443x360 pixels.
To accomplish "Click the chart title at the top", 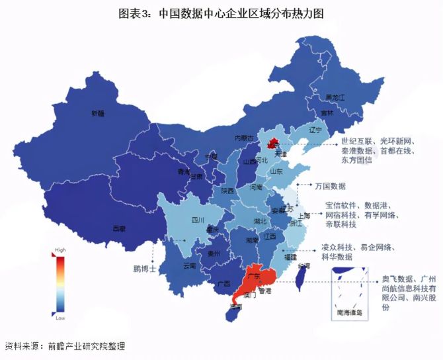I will pos(221,13).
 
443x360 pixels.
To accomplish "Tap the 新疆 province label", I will pos(97,113).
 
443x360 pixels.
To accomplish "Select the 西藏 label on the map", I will pos(118,228).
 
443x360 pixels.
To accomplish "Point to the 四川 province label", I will pos(197,220).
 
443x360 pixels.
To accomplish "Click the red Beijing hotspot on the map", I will pos(270,142).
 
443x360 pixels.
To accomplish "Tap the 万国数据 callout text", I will pos(331,186).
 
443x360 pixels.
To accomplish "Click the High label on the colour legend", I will pos(60,250).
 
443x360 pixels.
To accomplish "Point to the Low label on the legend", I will pos(60,318).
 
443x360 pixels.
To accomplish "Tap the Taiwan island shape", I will pos(298,277).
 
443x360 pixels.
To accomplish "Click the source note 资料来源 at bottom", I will pos(64,346).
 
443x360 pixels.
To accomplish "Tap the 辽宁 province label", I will pos(315,130).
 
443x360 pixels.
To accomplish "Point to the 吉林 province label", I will pos(327,112).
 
